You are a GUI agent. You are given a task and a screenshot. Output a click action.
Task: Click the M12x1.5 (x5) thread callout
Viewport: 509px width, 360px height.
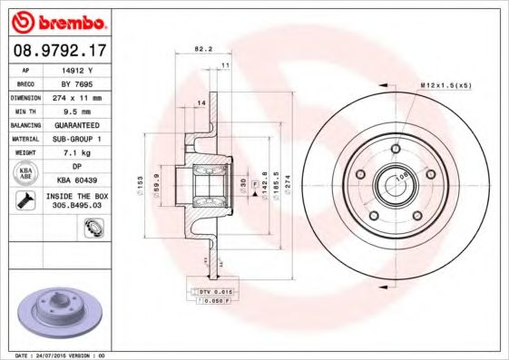tap(446, 85)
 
